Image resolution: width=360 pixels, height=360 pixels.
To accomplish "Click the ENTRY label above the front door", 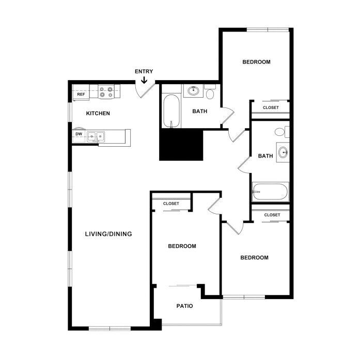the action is pyautogui.click(x=144, y=71).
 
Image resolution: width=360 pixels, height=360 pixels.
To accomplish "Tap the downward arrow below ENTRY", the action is pyautogui.click(x=144, y=80).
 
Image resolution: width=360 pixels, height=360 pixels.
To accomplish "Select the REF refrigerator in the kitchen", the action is pyautogui.click(x=81, y=94).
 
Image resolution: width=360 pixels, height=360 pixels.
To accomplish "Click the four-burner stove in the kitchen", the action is pyautogui.click(x=106, y=92).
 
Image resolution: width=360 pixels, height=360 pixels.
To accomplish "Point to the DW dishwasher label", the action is pyautogui.click(x=79, y=134).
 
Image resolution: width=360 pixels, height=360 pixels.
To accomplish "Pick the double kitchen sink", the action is pyautogui.click(x=96, y=136).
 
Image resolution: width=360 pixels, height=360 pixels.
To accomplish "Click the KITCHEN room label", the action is pyautogui.click(x=98, y=113).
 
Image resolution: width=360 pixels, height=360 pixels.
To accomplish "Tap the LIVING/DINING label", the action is pyautogui.click(x=108, y=234).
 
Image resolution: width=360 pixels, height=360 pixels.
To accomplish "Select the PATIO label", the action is pyautogui.click(x=184, y=306).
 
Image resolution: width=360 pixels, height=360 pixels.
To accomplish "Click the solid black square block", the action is pyautogui.click(x=181, y=145).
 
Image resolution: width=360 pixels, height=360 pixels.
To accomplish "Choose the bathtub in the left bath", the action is pyautogui.click(x=171, y=111).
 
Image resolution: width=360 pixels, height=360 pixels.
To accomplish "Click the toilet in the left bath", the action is pyautogui.click(x=210, y=91).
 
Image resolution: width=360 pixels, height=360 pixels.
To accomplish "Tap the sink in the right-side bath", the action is pyautogui.click(x=283, y=152).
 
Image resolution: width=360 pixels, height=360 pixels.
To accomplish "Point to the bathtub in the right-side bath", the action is pyautogui.click(x=270, y=192).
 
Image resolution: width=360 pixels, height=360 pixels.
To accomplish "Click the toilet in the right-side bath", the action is pyautogui.click(x=282, y=132).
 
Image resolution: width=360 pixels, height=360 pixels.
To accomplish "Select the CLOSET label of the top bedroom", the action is pyautogui.click(x=271, y=107).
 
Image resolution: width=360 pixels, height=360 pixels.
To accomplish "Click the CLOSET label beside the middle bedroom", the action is pyautogui.click(x=171, y=204).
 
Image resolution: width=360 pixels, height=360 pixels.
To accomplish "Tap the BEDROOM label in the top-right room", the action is pyautogui.click(x=257, y=62).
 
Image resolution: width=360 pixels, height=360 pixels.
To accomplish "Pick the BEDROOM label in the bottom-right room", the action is pyautogui.click(x=255, y=257).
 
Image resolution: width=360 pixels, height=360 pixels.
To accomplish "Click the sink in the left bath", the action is pyautogui.click(x=194, y=91).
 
